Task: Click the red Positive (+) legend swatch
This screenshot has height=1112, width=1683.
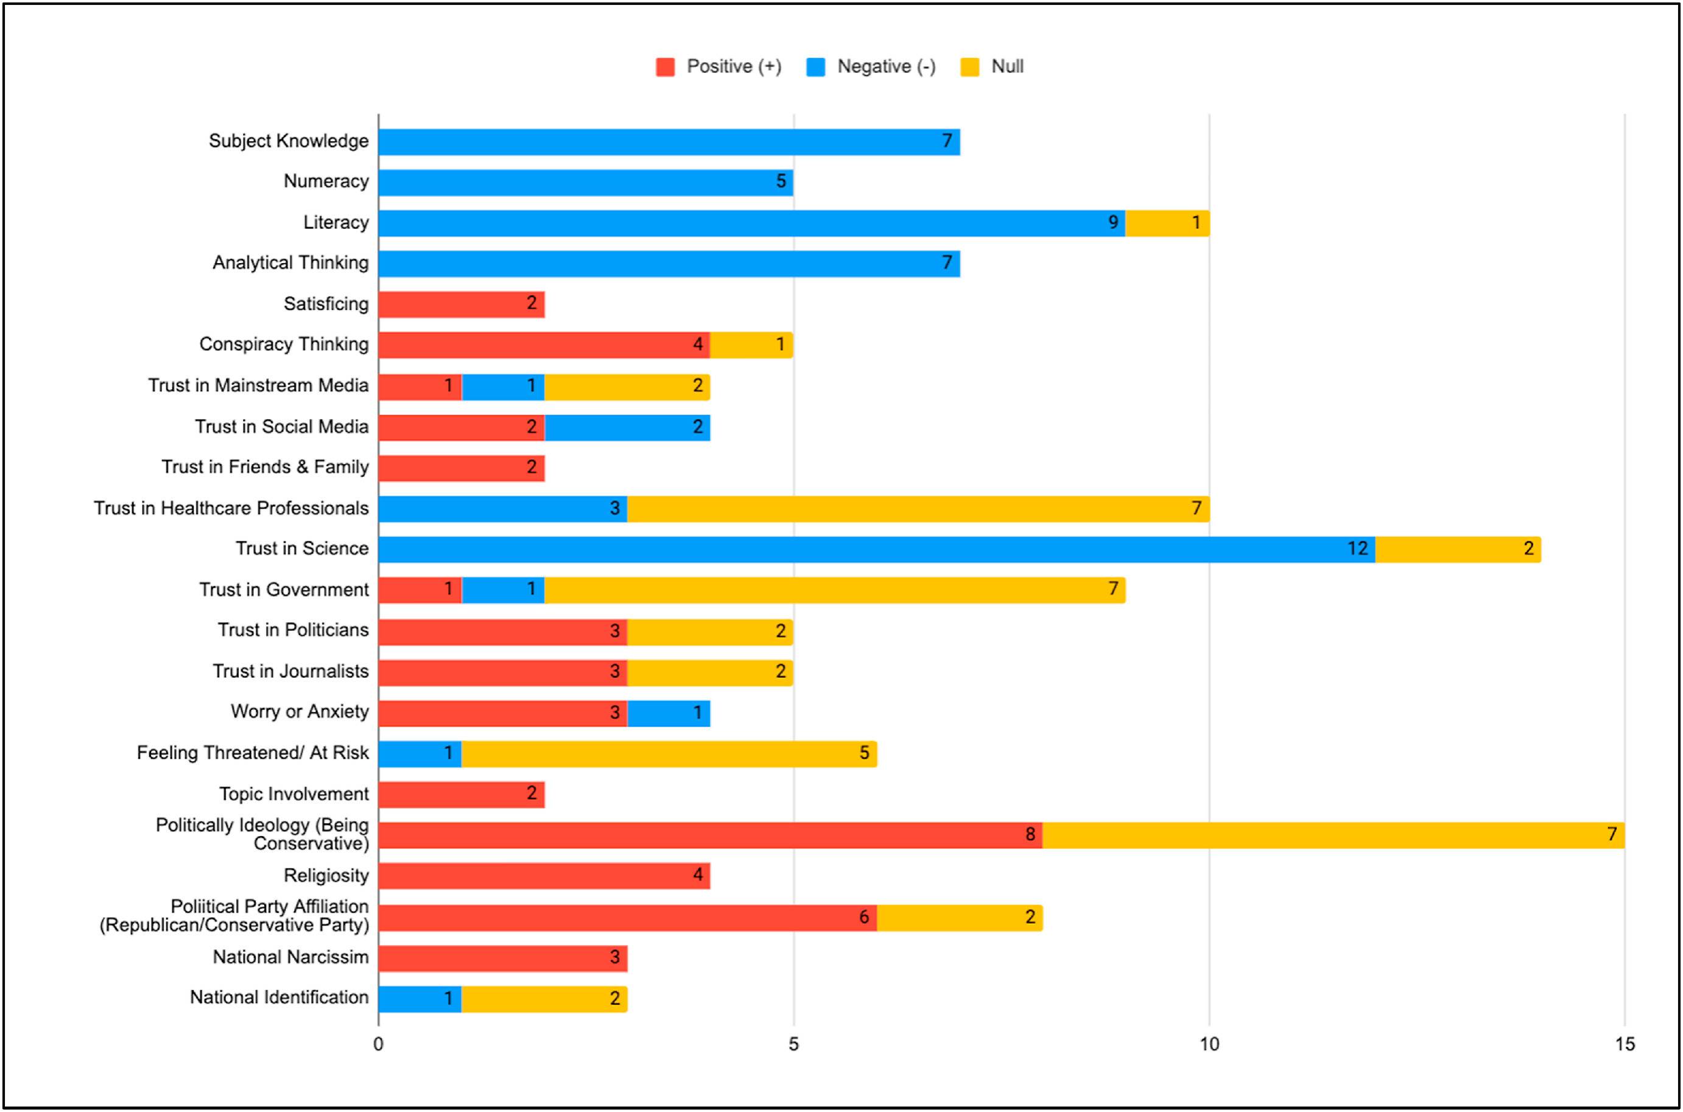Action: [665, 66]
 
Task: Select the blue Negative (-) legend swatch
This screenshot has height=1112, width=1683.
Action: [815, 66]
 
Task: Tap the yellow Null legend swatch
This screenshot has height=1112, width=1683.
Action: [969, 66]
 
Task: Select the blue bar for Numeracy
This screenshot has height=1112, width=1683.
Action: [585, 182]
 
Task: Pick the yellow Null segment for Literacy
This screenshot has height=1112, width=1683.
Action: [1167, 223]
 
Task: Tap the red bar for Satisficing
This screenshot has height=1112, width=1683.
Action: [461, 304]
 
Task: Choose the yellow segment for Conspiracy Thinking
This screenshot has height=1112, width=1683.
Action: [751, 345]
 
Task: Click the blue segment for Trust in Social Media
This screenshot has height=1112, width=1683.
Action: [627, 428]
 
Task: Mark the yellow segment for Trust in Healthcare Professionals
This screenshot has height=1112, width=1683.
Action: [918, 509]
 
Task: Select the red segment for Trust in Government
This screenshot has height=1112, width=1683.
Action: [420, 590]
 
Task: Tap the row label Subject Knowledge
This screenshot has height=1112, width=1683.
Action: [289, 141]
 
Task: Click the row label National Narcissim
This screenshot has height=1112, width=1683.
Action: [290, 957]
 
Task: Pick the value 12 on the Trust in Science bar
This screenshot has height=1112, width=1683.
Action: [1357, 549]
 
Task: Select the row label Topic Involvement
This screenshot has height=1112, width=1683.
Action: [293, 794]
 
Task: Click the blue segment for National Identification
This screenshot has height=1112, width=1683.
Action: [420, 999]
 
